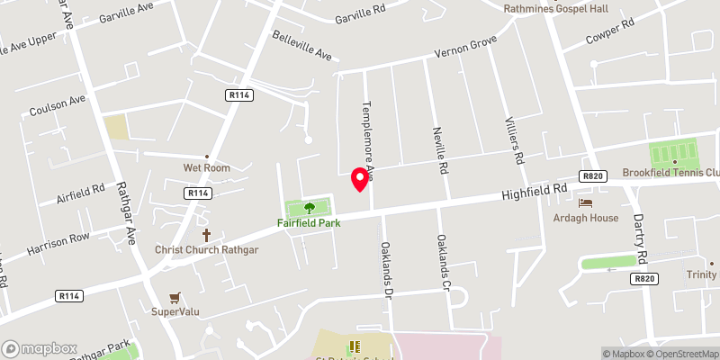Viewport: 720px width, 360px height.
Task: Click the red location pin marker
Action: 360,178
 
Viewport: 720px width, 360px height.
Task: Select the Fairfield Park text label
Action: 309,221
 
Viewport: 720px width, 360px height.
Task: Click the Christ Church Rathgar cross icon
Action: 206,233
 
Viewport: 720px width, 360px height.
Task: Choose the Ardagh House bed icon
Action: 586,203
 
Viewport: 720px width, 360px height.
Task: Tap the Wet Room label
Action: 206,167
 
